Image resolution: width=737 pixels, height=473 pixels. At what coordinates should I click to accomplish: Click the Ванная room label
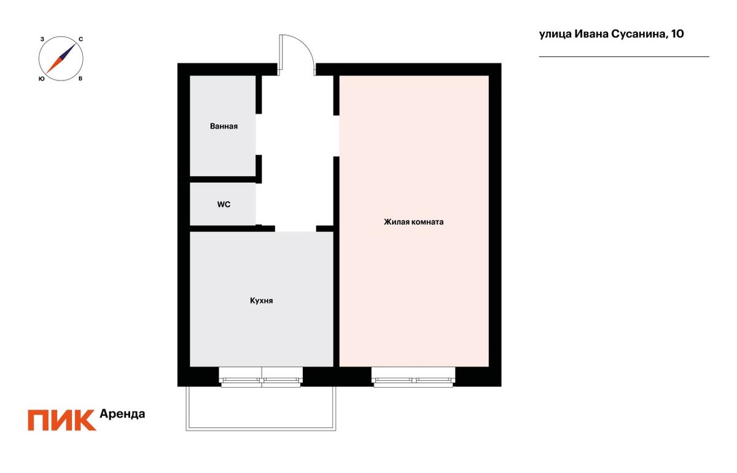tap(224, 126)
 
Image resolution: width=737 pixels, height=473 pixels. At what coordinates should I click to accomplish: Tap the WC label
tap(224, 205)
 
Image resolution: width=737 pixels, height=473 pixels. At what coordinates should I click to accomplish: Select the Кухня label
tap(261, 300)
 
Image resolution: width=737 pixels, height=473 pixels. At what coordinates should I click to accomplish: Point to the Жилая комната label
tap(413, 222)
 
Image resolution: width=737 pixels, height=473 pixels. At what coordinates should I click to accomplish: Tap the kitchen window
tap(260, 377)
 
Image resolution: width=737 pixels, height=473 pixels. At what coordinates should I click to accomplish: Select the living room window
tap(413, 377)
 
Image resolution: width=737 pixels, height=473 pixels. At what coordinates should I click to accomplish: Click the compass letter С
tap(80, 39)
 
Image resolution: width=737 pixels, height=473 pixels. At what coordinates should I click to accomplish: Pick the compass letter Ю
tap(42, 79)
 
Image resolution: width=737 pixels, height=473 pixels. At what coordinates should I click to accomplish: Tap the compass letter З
tap(42, 39)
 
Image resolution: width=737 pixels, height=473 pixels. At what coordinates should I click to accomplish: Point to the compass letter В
tap(80, 79)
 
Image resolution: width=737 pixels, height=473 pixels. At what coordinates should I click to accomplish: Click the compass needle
tap(61, 59)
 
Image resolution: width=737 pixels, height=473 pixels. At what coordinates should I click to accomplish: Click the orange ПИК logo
tap(62, 420)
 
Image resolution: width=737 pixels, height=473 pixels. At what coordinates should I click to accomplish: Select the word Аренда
tap(122, 414)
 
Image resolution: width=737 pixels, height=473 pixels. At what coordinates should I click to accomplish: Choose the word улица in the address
tap(555, 34)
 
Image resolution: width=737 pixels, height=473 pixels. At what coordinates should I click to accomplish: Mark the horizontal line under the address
tap(624, 57)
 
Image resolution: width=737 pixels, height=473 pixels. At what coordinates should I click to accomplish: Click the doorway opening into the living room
tap(337, 136)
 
